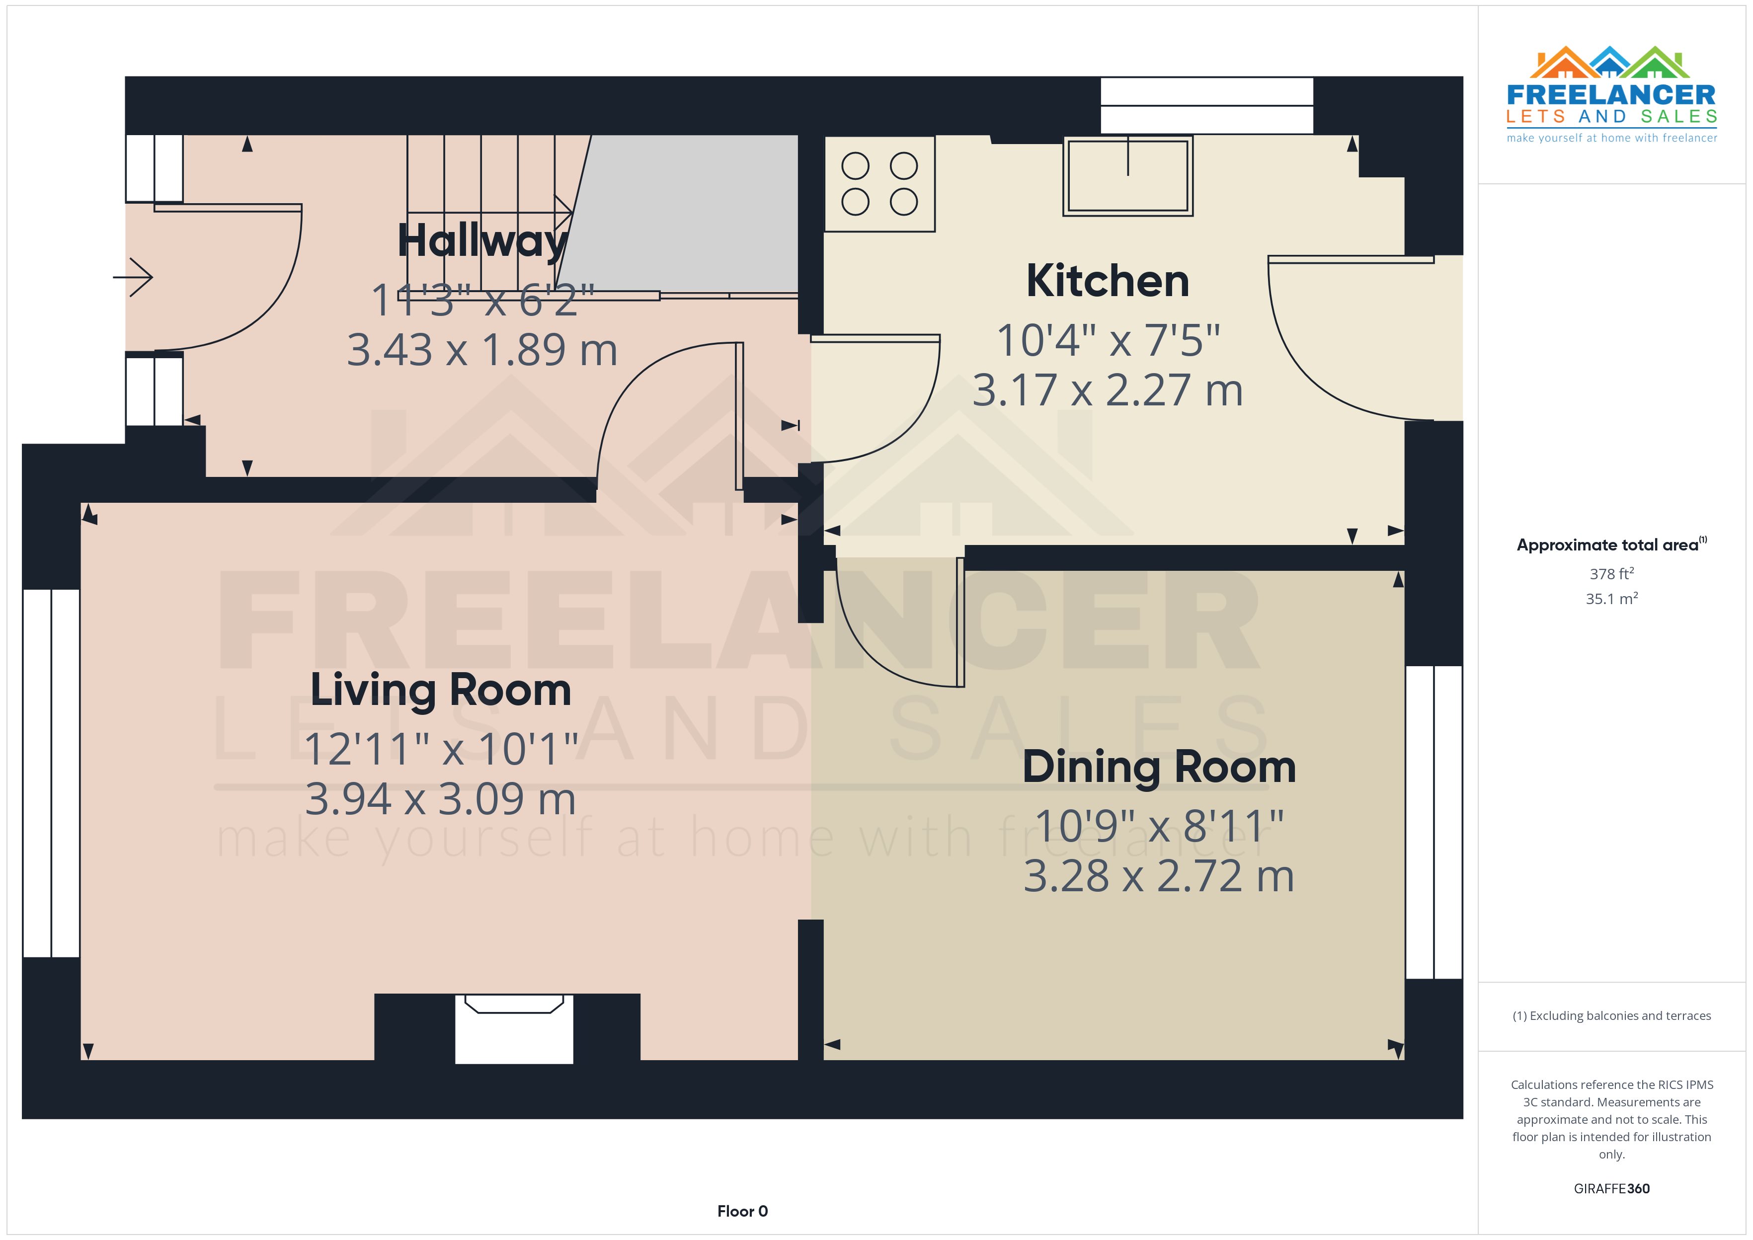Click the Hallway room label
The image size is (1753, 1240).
tap(482, 241)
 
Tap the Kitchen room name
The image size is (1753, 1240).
tap(1107, 281)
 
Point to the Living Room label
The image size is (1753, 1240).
tap(441, 690)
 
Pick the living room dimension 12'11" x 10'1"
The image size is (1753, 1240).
tap(441, 749)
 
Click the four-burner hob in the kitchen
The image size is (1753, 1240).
tap(879, 184)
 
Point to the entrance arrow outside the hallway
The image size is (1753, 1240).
tap(134, 276)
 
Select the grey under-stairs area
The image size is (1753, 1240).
tap(687, 214)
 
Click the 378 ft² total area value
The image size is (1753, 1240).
tap(1611, 573)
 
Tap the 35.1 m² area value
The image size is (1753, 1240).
tap(1611, 599)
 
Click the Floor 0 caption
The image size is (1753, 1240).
tap(742, 1211)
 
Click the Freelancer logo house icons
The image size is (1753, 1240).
tap(1610, 63)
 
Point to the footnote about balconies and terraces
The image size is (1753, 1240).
tap(1611, 1015)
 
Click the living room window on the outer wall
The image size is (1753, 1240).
tap(51, 773)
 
